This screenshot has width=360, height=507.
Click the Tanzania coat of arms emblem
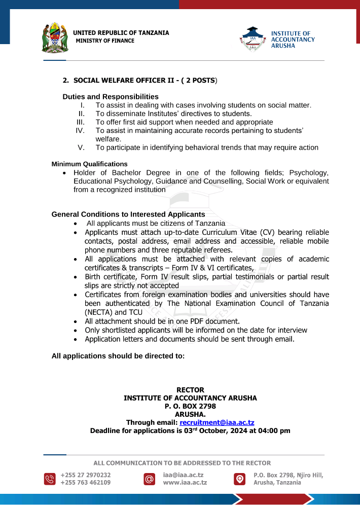pos(54,37)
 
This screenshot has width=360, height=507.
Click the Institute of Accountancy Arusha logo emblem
pos(252,39)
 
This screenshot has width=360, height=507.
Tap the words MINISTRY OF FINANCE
pos(105,41)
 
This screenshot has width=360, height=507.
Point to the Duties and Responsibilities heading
pos(111,96)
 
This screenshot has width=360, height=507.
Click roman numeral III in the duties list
pos(80,122)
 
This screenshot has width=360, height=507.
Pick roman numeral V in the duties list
pos(81,148)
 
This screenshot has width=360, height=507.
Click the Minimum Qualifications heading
pos(90,164)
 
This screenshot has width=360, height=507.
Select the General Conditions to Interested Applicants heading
pos(128,214)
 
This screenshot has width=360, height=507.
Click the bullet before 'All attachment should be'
pos(76,321)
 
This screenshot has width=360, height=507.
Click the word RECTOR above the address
pos(190,390)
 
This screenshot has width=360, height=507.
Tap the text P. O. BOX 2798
pos(190,406)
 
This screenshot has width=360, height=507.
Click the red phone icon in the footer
pos(50,479)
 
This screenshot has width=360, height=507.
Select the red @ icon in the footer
pos(149,479)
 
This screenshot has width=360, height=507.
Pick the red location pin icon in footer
pos(239,479)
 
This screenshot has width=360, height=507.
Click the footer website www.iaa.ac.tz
pos(185,483)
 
